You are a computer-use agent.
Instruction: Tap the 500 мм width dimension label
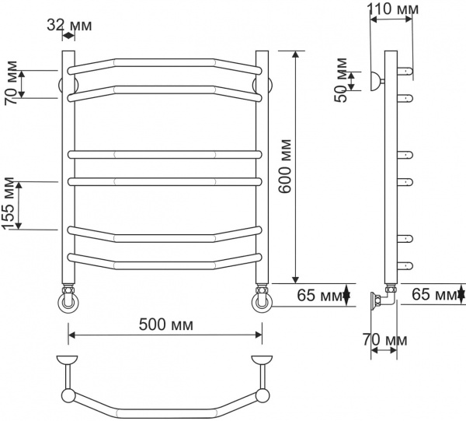click(166, 324)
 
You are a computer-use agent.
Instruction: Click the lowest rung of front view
click(165, 260)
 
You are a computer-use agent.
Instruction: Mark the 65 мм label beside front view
click(319, 295)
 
